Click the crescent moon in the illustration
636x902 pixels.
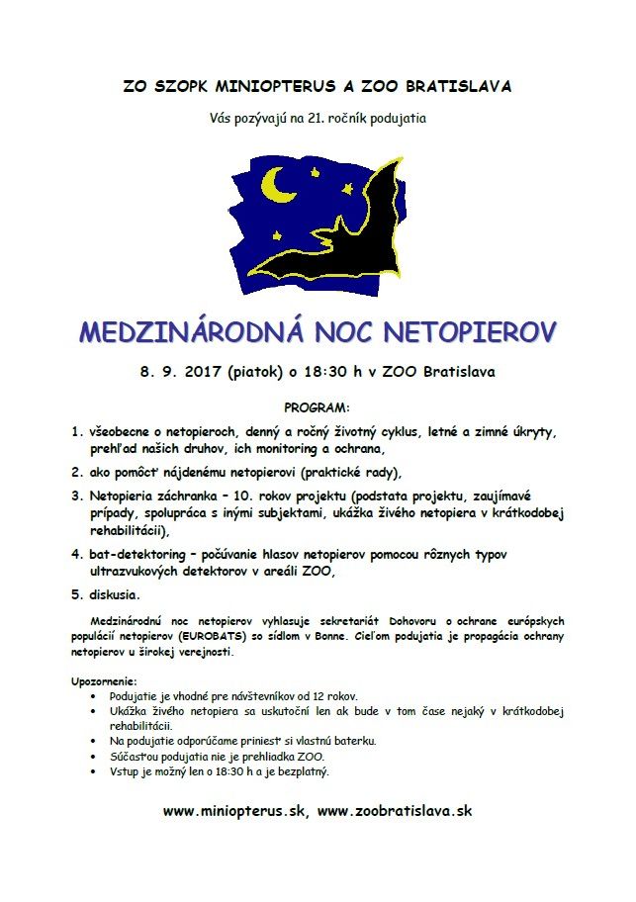(x=278, y=182)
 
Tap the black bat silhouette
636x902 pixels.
(x=346, y=242)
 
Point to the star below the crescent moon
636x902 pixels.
(x=276, y=235)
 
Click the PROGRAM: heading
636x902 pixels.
(x=317, y=407)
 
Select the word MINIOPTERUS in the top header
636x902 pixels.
(x=264, y=86)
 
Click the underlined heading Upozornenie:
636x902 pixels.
(x=104, y=682)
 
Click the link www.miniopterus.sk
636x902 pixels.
(x=234, y=810)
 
